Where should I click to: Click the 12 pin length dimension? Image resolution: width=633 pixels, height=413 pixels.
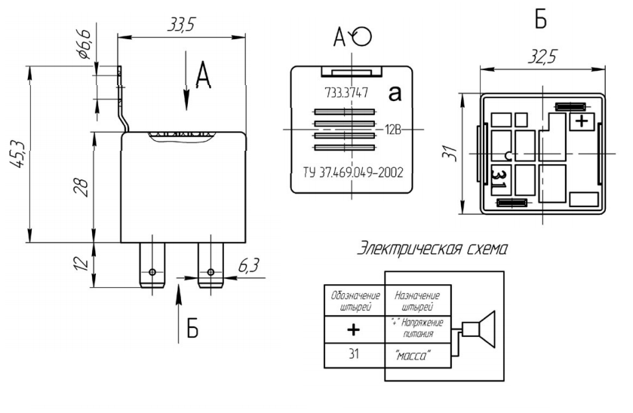point(85,265)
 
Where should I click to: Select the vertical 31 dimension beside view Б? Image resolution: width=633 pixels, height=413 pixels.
point(449,154)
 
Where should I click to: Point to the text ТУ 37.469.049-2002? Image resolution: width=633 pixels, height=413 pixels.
point(347,173)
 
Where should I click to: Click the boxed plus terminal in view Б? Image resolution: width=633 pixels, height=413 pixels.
point(581,121)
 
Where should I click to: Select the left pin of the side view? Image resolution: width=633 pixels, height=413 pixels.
point(152,264)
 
